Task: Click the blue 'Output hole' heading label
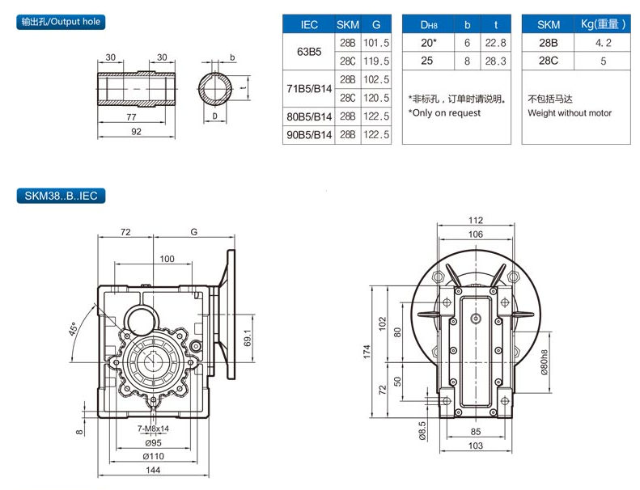coord(62,22)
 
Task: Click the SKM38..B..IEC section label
coord(61,195)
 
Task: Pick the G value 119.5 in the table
coord(376,61)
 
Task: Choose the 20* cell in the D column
coord(427,43)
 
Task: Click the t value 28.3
coord(495,61)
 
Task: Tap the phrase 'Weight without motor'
coord(570,113)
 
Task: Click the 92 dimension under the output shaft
coord(136,131)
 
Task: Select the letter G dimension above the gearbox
coord(194,232)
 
